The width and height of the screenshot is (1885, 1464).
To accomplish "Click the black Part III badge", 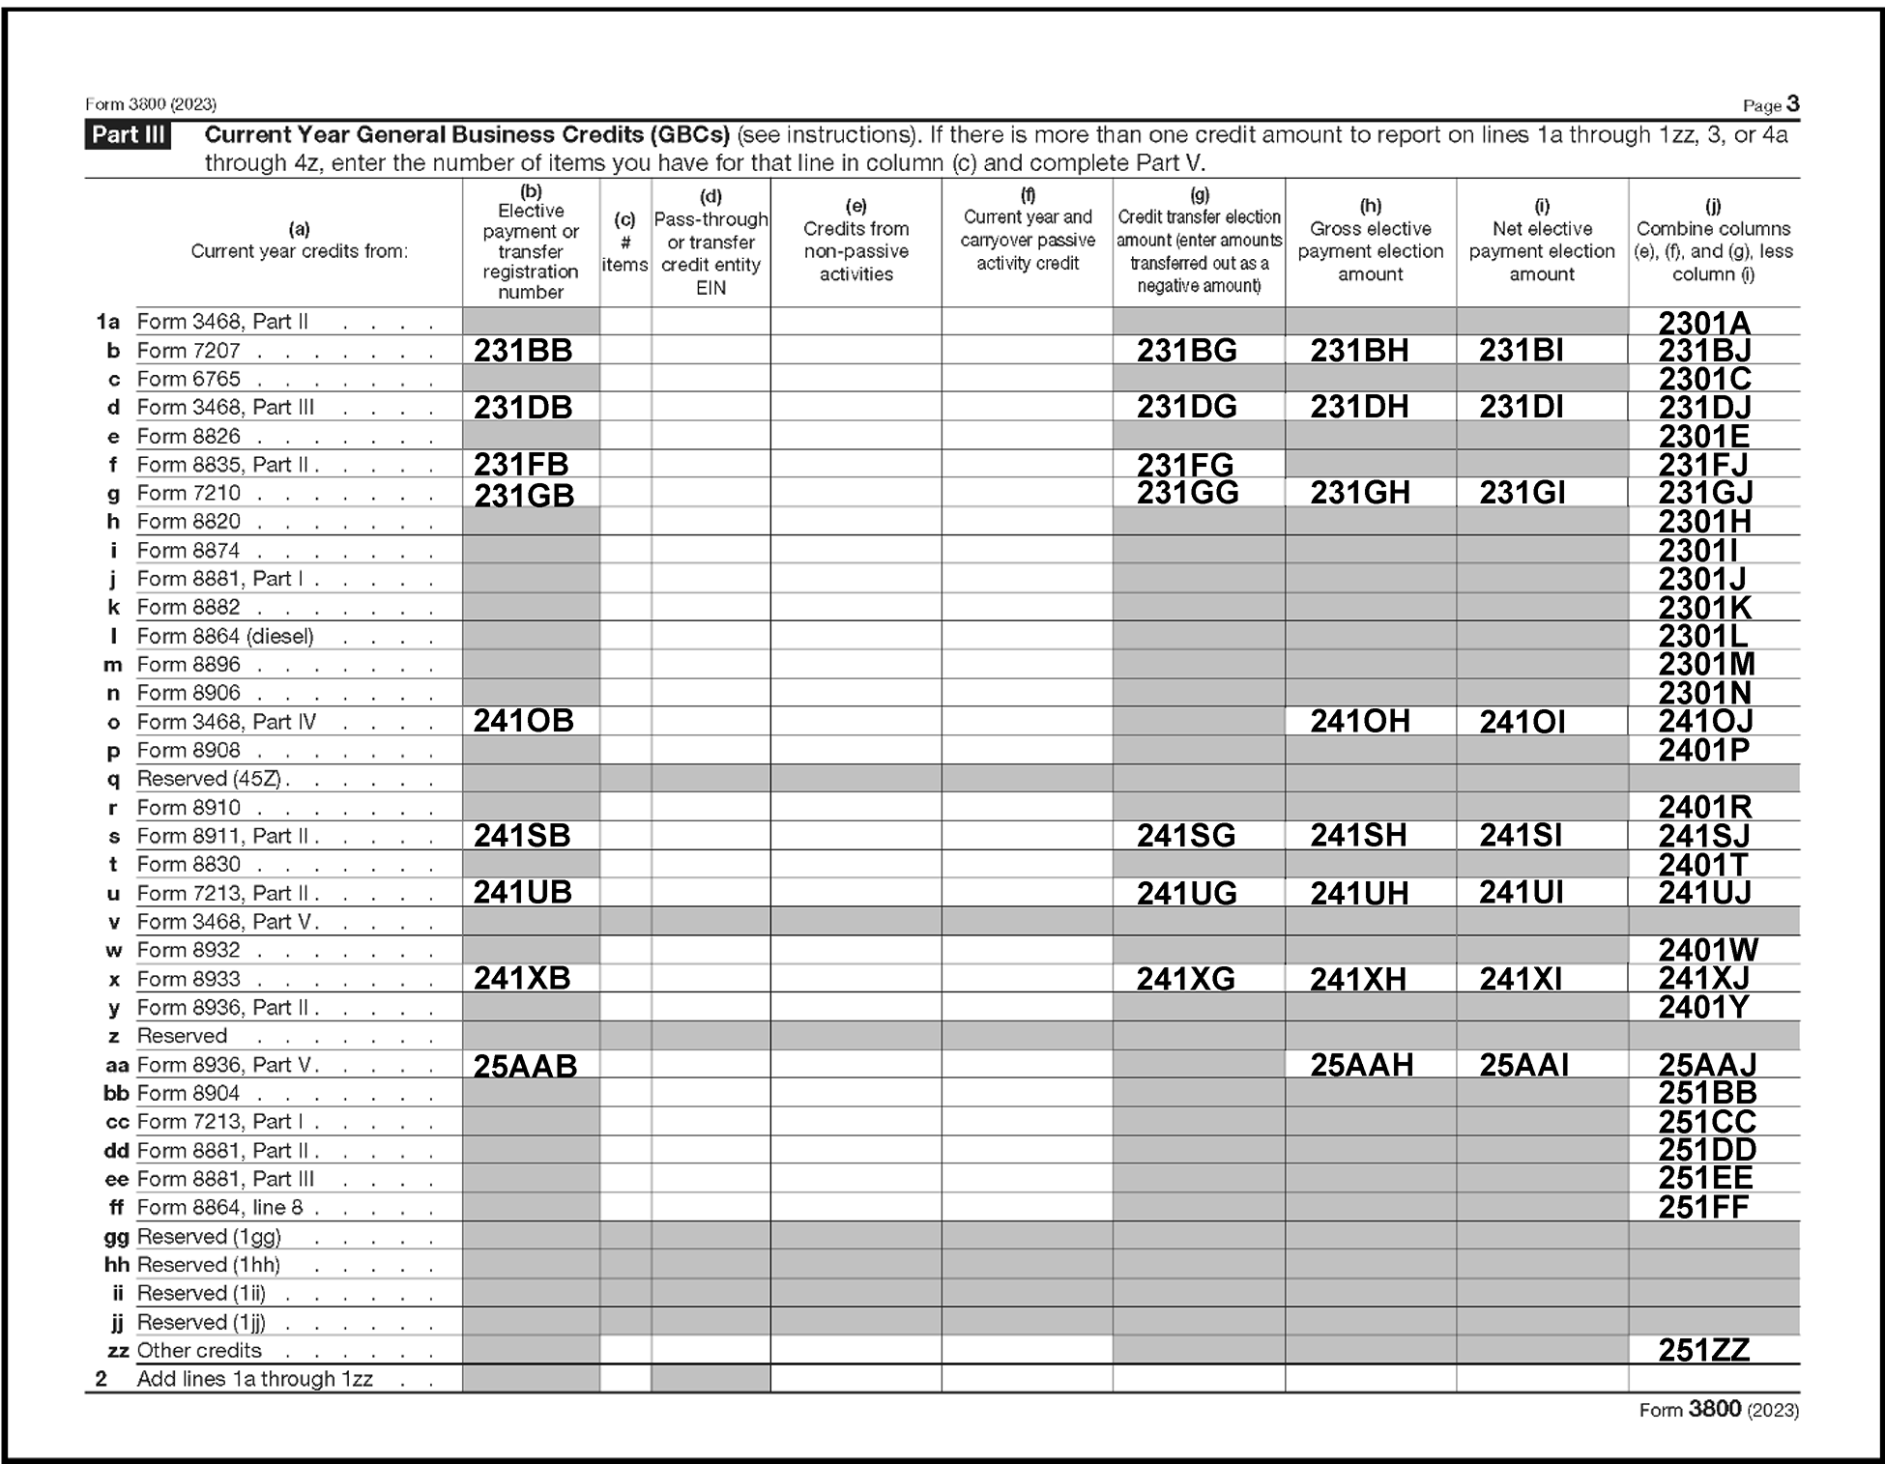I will [128, 134].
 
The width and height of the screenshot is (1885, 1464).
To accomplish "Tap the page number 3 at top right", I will [1792, 103].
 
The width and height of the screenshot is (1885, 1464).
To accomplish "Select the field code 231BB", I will [523, 351].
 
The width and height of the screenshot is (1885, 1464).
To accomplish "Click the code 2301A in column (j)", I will [1704, 323].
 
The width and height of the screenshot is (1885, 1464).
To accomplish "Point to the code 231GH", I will [1359, 493].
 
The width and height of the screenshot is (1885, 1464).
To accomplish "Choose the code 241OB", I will [523, 721].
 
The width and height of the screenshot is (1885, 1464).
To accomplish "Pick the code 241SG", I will [1186, 836].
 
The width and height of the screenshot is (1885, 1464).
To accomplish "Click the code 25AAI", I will [1523, 1065].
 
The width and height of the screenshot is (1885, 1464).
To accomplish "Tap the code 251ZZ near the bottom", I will [1704, 1350].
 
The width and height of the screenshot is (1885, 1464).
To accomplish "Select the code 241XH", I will [1358, 979].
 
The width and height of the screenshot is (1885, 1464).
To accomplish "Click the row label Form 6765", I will [188, 379].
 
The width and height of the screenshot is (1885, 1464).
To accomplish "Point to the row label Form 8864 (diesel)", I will [225, 636].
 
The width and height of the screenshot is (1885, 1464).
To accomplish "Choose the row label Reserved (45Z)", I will [213, 779].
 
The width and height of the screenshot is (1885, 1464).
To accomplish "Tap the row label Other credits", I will [199, 1350].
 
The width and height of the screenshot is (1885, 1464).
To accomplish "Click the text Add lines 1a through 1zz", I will [254, 1379].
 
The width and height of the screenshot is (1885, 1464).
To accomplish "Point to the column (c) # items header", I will [624, 243].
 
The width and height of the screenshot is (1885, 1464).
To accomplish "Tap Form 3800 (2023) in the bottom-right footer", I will [1719, 1410].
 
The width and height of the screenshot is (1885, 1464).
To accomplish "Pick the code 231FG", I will [1185, 465].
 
